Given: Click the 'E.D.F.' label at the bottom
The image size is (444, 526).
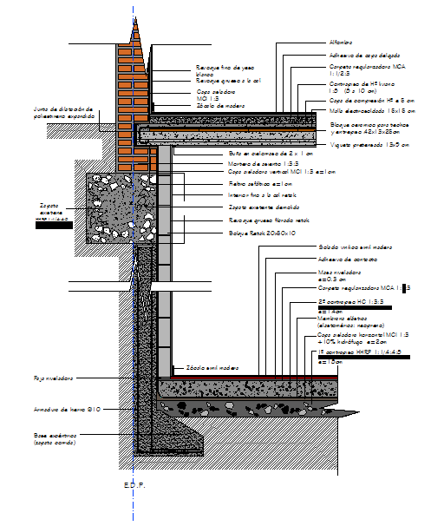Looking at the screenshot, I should pos(134,485).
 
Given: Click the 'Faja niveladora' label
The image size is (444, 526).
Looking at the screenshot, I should pos(54,378).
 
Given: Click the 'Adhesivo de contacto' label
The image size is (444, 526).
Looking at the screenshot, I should pos(348,259).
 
